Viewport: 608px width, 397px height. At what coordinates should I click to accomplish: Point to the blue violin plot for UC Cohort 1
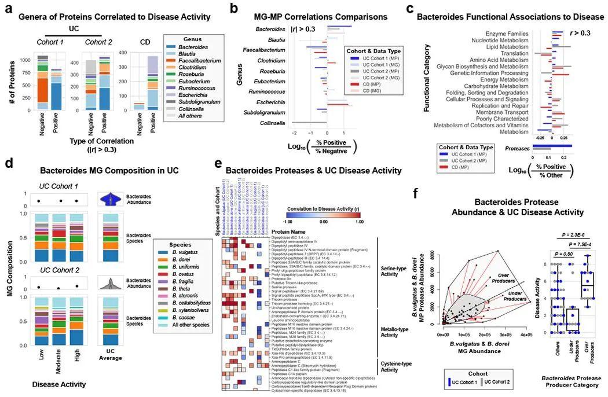(x=112, y=199)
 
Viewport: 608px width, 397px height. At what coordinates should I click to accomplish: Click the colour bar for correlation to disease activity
(x=323, y=212)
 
